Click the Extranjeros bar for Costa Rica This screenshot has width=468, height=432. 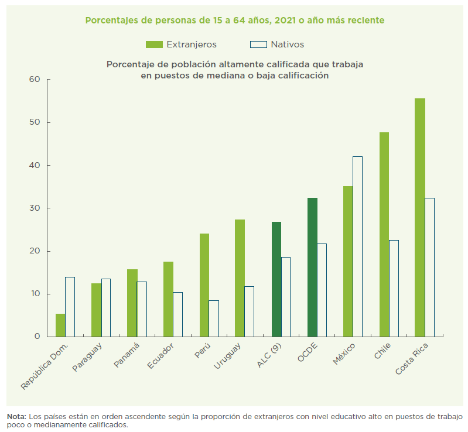tap(419, 217)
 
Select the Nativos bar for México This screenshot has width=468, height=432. tap(357, 246)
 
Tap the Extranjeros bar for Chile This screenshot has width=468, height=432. tap(384, 234)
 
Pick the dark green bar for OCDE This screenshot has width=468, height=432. tap(312, 267)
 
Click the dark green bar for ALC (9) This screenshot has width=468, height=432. tap(276, 279)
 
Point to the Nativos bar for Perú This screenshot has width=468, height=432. tap(214, 318)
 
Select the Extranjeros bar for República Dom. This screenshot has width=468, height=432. tap(60, 325)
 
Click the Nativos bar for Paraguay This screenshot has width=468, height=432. tap(106, 307)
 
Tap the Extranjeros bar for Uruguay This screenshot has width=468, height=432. tap(240, 278)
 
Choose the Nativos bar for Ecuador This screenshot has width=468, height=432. tap(177, 314)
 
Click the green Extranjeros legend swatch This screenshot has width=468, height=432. tap(154, 44)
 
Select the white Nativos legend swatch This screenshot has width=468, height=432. tap(258, 44)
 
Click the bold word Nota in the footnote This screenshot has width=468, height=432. tap(16, 416)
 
